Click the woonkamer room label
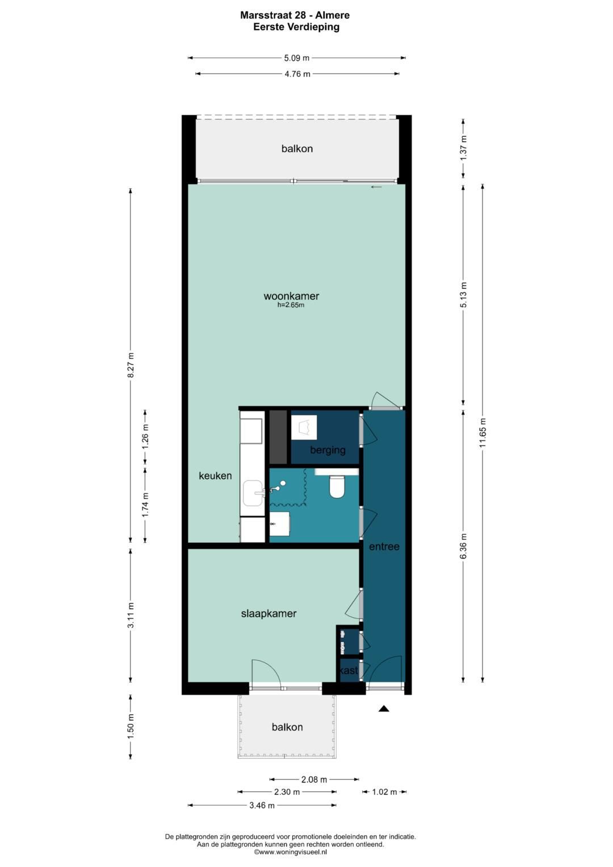click(291, 296)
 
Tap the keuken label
click(215, 476)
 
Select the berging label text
click(328, 450)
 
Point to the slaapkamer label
click(268, 613)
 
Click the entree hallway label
click(384, 547)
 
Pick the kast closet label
click(349, 670)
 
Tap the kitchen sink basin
click(253, 493)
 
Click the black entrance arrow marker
click(384, 709)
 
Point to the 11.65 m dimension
click(482, 433)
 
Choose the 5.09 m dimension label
click(297, 58)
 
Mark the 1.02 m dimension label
click(384, 792)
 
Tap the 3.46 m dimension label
click(262, 806)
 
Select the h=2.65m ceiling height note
click(291, 305)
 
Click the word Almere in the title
click(333, 15)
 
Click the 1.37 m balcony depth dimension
click(464, 148)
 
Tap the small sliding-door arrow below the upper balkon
click(376, 187)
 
